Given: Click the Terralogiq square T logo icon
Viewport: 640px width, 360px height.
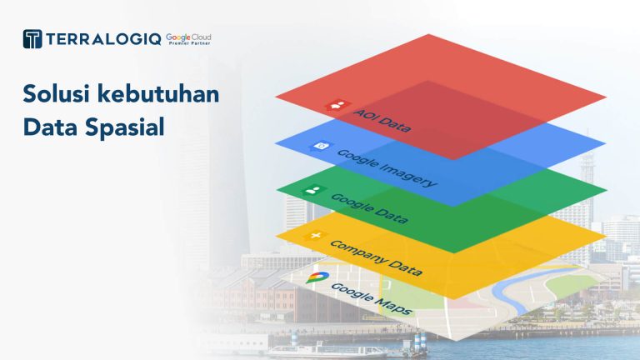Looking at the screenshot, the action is click(32, 39).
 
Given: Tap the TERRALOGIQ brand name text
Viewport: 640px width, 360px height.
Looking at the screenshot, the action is click(103, 39).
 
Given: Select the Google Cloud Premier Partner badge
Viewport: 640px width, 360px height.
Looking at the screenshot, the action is click(188, 39).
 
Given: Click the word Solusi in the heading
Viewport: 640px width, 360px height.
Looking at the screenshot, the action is click(56, 93).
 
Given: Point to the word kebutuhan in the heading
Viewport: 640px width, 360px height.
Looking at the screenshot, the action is click(158, 93).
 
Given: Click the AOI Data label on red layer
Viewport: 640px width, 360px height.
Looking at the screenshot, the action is click(382, 120).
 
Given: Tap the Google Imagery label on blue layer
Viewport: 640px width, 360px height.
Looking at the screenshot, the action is click(387, 168).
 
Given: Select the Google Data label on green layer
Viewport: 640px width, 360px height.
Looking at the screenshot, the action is click(369, 208).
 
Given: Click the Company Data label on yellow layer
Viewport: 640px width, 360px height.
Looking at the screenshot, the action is click(376, 257).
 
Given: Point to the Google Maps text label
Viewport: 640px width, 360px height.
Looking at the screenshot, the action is click(372, 299).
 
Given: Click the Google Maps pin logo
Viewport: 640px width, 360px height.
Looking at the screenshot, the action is click(317, 277).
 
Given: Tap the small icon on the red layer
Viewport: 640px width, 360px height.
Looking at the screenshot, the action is click(337, 105).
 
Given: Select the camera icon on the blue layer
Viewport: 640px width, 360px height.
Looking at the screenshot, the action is click(321, 146).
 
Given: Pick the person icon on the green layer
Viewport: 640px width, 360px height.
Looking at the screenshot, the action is click(313, 190).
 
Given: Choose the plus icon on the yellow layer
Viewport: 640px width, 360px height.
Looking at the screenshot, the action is click(315, 236).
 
